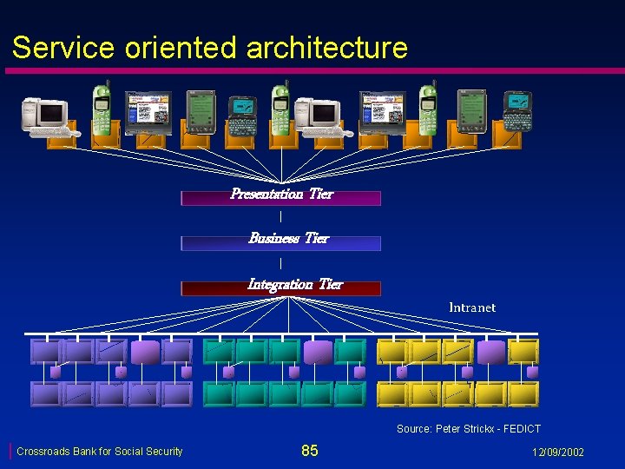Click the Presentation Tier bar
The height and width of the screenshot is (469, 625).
click(280, 196)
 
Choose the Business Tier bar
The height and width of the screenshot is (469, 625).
click(280, 241)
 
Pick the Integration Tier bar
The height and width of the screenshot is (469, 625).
click(280, 287)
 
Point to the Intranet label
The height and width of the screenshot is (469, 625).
click(472, 307)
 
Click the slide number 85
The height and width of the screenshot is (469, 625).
click(310, 451)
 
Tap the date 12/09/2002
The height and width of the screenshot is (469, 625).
click(558, 452)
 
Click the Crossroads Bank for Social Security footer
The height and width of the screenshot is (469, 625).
click(100, 452)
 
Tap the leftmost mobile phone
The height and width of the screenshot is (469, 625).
click(102, 109)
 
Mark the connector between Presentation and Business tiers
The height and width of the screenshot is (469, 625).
click(280, 215)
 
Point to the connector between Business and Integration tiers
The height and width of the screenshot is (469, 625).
click(280, 262)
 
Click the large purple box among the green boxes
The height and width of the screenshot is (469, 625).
click(318, 351)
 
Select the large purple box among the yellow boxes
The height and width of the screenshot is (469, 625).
click(490, 351)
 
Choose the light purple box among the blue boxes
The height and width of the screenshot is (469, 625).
click(144, 351)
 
